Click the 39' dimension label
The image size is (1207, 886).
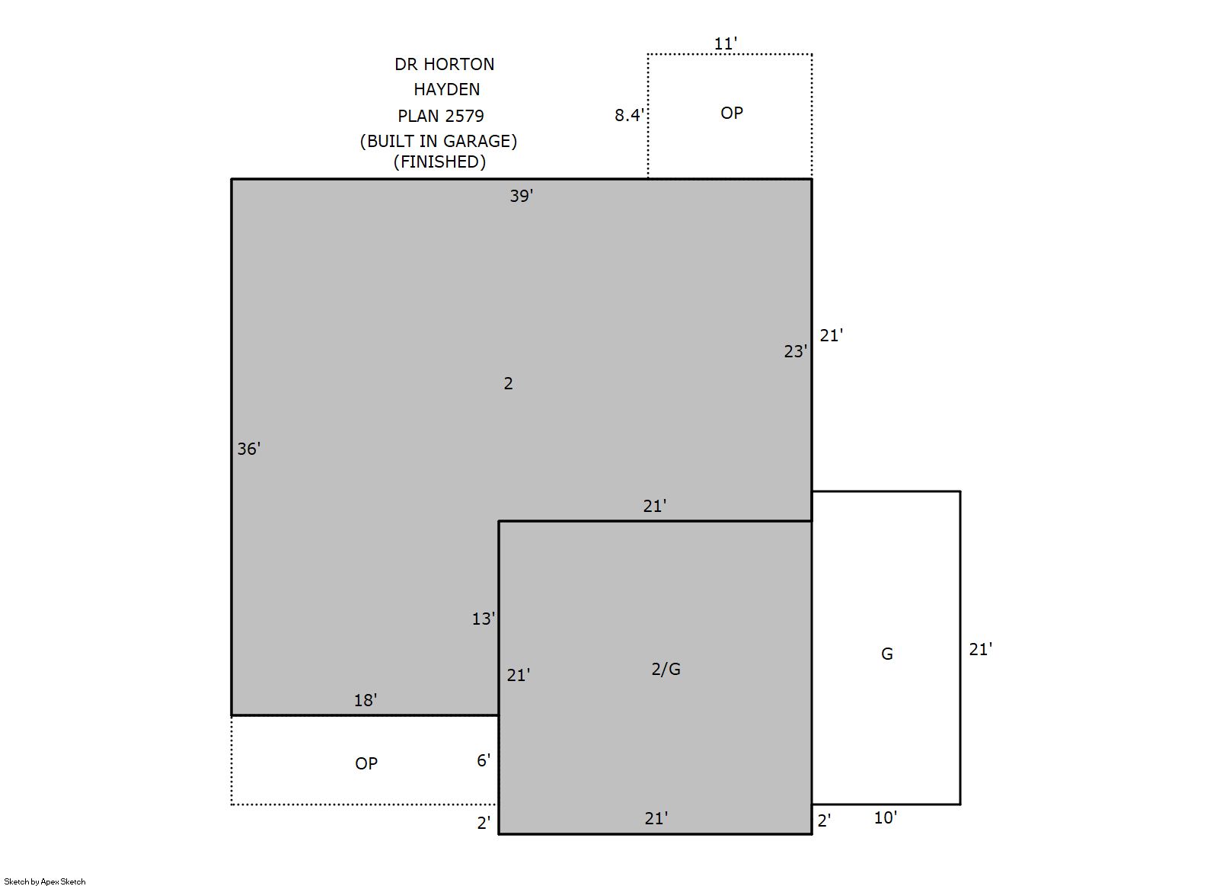[x=521, y=196]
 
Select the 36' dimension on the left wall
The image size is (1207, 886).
[x=249, y=449]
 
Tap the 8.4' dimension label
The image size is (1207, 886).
[x=629, y=115]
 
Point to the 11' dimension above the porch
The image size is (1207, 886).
[x=725, y=43]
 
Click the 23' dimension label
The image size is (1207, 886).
[x=795, y=351]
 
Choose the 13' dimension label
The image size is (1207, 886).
[x=484, y=619]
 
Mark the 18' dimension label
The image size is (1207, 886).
[x=366, y=700]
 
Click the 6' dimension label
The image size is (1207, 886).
[x=484, y=760]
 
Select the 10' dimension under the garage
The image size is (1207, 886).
[x=886, y=817]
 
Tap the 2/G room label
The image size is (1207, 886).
[x=666, y=669]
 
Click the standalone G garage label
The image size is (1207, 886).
[x=887, y=654]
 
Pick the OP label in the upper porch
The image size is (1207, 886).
[x=732, y=113]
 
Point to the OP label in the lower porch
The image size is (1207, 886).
[x=366, y=763]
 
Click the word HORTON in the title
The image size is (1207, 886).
[x=458, y=64]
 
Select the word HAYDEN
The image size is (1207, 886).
[x=447, y=89]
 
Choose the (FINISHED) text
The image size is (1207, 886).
[x=439, y=162]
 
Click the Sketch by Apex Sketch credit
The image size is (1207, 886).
[x=45, y=881]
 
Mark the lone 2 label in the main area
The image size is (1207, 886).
[x=508, y=383]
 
